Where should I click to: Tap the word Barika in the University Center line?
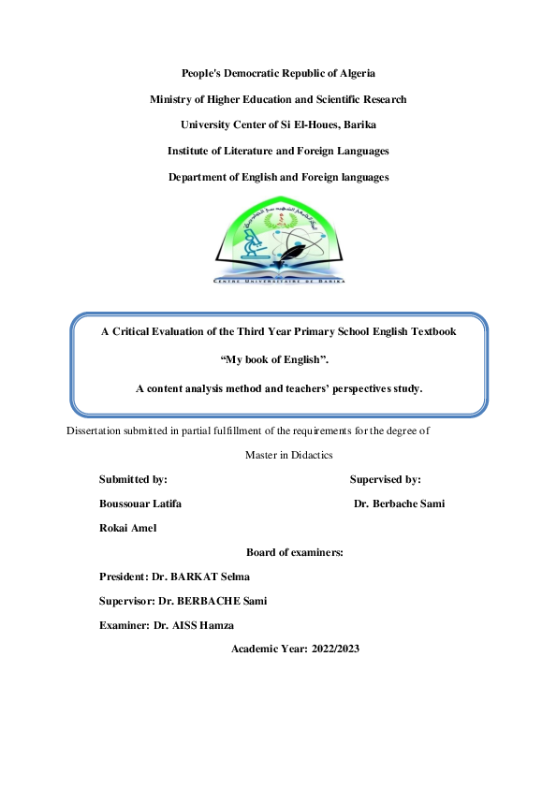coord(359,124)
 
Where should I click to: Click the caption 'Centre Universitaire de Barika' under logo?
coord(279,280)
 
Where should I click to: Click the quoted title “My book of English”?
coord(279,359)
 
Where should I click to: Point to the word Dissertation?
coord(96,431)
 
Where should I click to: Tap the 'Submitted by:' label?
coord(133,479)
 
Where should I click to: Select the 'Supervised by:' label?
coord(385,479)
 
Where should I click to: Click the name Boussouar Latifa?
coord(140,503)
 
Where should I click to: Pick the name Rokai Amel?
coord(127,528)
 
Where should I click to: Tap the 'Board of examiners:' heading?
coord(294,552)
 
